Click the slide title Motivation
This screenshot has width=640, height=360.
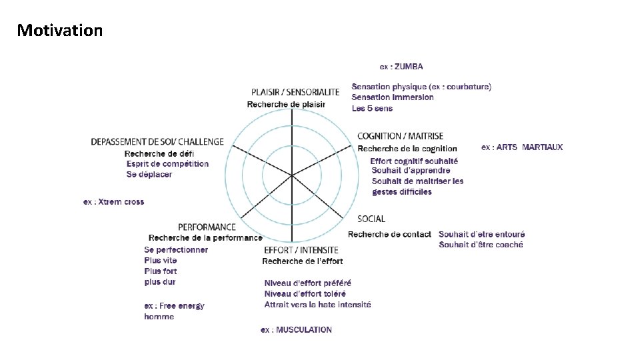60,31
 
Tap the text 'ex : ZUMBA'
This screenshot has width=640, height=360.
401,67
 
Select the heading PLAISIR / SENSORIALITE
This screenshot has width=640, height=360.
295,92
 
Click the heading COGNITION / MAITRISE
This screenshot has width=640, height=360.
400,137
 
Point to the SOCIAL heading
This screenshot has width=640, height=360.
371,219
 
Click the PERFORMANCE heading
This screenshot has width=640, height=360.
207,227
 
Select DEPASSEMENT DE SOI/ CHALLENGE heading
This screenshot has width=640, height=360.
157,142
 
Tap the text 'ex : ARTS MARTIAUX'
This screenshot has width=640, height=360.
522,147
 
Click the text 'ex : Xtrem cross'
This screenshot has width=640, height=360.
113,202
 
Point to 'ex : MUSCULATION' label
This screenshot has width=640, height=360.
296,330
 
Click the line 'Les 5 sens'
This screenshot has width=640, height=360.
372,109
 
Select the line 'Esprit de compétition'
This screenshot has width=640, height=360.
167,164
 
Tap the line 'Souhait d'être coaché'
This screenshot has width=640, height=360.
481,245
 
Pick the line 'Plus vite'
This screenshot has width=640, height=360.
161,261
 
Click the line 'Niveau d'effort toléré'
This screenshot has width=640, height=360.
307,294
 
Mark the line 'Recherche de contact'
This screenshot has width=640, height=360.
389,235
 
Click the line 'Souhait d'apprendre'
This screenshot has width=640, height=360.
411,171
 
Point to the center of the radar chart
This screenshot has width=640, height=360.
292,175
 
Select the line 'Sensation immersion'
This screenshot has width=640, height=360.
393,97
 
